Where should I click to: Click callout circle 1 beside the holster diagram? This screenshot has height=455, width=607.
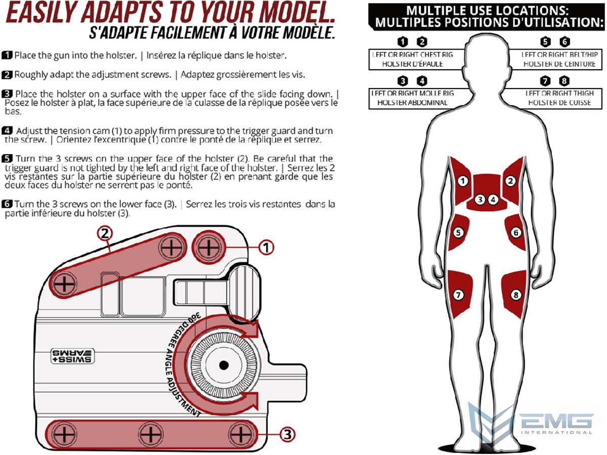click(266, 247)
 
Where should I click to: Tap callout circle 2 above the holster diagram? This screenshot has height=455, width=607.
click(105, 233)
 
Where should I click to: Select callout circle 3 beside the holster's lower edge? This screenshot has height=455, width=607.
click(287, 434)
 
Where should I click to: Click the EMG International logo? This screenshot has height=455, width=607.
click(531, 423)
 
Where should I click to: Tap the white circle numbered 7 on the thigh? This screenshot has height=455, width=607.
click(459, 294)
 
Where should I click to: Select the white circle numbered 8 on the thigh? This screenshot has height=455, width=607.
click(516, 294)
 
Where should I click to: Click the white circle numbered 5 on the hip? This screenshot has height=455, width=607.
click(458, 233)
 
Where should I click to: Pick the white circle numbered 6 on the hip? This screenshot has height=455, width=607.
click(516, 233)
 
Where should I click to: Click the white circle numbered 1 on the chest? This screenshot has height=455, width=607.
click(463, 180)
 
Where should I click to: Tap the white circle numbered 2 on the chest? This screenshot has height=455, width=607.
click(511, 180)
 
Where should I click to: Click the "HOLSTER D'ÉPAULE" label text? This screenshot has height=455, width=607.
click(412, 64)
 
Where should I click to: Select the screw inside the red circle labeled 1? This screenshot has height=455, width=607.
click(207, 248)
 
